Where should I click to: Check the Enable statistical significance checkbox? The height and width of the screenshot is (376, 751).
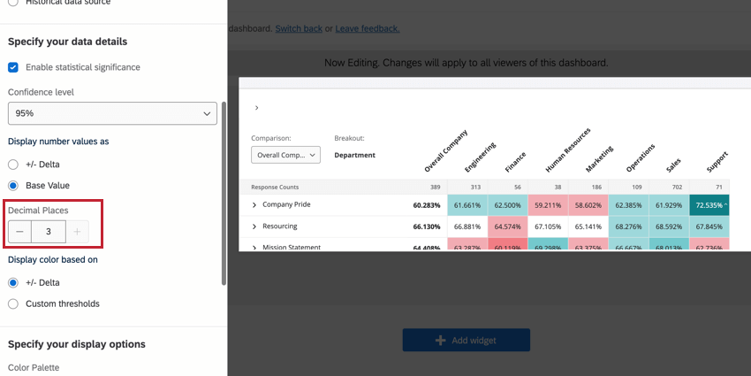click(13, 67)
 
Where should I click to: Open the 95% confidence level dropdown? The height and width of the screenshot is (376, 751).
click(112, 113)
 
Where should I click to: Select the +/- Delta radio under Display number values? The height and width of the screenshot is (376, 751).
click(13, 165)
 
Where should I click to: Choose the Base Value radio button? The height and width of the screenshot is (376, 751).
click(13, 186)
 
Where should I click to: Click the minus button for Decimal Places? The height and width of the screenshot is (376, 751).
click(20, 232)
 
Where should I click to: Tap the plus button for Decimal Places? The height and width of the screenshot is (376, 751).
click(78, 232)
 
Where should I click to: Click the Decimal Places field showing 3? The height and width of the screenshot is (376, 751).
click(49, 232)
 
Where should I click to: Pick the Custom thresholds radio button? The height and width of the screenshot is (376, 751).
click(13, 304)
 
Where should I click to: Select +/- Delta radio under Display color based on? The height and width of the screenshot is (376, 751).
click(13, 283)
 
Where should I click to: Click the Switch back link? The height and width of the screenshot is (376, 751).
click(299, 28)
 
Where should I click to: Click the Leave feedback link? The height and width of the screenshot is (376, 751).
click(368, 28)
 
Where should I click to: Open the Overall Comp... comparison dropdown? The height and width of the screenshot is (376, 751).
click(285, 155)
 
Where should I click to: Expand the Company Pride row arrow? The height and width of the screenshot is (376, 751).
click(254, 205)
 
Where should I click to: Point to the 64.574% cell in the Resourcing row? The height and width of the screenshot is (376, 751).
click(506, 226)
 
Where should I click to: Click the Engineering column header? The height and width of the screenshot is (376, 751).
click(480, 157)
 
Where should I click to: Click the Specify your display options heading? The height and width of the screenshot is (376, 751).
click(77, 344)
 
